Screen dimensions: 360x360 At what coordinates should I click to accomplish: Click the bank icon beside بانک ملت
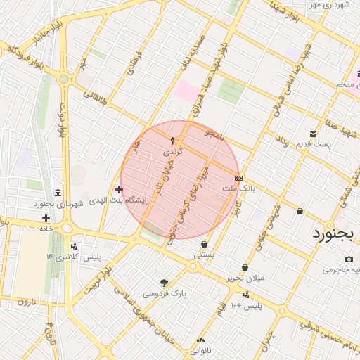pos(238,178)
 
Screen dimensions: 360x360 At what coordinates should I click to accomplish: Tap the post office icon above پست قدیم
pos(313,134)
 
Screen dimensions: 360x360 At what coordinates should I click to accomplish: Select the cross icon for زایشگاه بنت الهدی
pos(119,189)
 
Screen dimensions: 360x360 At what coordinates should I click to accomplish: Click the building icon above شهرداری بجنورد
pos(57,193)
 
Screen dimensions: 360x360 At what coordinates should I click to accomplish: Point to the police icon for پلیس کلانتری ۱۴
pos(74,247)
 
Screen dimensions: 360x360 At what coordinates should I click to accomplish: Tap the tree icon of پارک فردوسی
pos(165,283)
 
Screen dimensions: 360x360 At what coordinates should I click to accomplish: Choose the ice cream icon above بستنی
pos(204,245)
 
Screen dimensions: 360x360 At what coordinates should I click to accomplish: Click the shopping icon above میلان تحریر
pos(245,267)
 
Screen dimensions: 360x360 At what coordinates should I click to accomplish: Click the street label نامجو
pos(214,134)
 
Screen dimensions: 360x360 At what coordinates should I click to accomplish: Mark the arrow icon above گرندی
pos(172,141)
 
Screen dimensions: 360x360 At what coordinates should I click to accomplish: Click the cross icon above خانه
pos(46,218)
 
